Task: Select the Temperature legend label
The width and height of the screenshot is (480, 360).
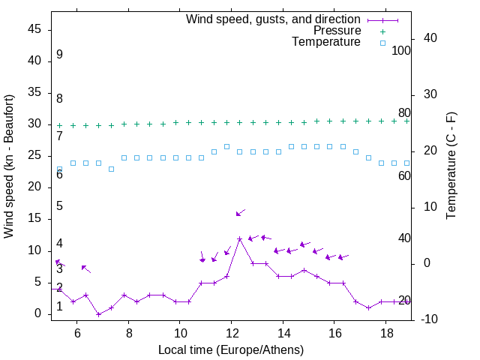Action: tap(326, 42)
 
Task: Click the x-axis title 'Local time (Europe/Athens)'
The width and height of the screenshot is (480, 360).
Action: tap(231, 349)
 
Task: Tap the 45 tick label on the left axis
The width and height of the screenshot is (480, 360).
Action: tap(34, 30)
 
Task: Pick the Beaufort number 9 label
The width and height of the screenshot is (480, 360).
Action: tap(59, 55)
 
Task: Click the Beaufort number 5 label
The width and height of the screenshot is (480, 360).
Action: tap(59, 206)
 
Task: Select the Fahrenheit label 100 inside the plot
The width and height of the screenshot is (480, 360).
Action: tap(402, 50)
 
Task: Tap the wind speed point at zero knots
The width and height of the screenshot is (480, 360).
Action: tap(98, 314)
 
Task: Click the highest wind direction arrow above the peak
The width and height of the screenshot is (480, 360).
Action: tap(240, 213)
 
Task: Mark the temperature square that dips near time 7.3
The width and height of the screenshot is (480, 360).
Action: tap(111, 169)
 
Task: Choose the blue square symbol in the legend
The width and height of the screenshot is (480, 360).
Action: tap(382, 43)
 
